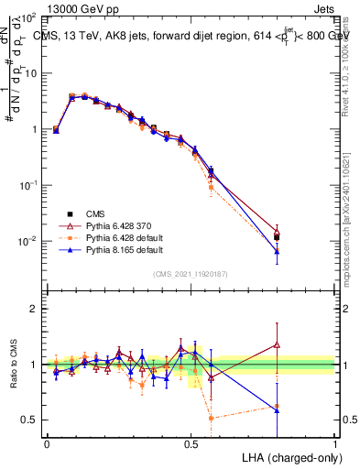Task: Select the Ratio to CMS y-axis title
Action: point(13,365)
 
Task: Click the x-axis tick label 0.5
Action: point(191,443)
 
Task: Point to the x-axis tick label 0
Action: point(47,443)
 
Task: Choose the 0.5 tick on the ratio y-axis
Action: point(29,420)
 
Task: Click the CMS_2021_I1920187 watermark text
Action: point(191,272)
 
